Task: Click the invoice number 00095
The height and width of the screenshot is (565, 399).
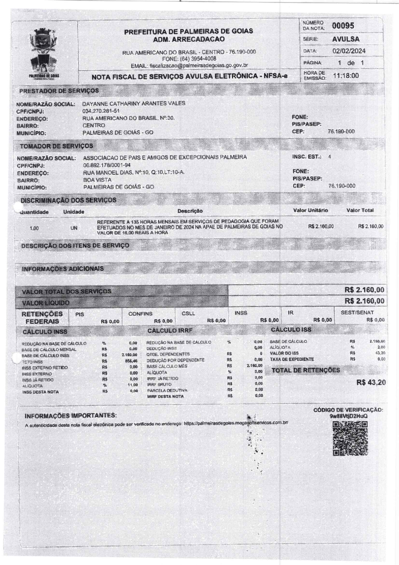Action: (x=343, y=26)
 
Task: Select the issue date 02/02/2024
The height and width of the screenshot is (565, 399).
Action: (x=349, y=51)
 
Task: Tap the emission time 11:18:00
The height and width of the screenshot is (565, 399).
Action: (x=346, y=76)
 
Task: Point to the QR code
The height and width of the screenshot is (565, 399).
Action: (x=350, y=439)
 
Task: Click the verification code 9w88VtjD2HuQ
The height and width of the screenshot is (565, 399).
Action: (x=348, y=416)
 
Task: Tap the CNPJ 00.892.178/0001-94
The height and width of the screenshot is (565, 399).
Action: (x=107, y=165)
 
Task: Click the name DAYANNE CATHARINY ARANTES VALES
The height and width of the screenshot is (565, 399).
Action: (x=134, y=103)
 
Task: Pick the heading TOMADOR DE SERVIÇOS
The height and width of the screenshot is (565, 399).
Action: (x=56, y=146)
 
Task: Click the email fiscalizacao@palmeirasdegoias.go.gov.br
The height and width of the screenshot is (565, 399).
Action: (x=199, y=65)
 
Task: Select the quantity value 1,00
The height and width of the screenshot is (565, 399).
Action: (x=34, y=228)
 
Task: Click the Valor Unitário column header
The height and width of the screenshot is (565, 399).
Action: (x=311, y=210)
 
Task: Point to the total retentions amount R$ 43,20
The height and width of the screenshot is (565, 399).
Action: (x=371, y=382)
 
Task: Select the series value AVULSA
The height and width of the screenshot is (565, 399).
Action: (x=346, y=39)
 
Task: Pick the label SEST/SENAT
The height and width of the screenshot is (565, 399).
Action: (x=357, y=312)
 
